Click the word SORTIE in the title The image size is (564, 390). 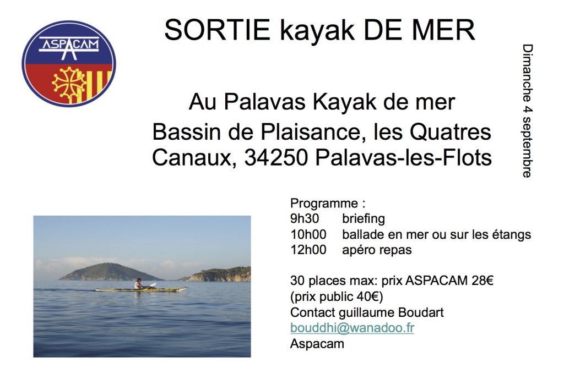point(217,30)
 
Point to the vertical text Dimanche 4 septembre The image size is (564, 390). point(527,111)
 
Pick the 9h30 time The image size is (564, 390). point(305,218)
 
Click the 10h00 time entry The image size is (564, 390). point(308,234)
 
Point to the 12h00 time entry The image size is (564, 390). point(308,250)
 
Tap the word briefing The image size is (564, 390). point(364,218)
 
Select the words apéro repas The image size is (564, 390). point(377,250)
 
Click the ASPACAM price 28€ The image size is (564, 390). point(482,281)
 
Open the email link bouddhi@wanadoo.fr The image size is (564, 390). point(352,329)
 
